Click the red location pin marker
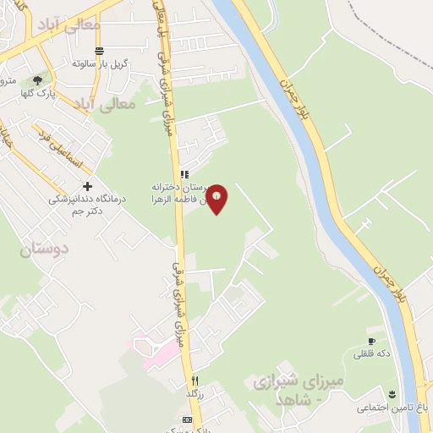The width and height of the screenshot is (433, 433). pos(217,199)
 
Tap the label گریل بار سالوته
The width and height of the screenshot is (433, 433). pos(100,63)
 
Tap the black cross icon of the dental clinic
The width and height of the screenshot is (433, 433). pos(86,186)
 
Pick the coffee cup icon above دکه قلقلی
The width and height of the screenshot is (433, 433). pos(370,341)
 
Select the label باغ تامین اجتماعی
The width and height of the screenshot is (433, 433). pos(392,408)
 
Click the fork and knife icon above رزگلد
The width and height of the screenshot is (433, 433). pos(195,381)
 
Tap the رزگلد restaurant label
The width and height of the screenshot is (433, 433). pos(195,393)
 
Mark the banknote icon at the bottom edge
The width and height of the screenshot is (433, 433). pos(188,420)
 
